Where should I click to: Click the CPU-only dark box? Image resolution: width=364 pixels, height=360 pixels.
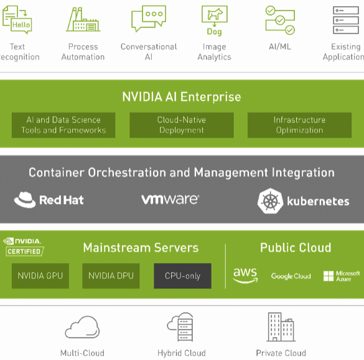point(182,276)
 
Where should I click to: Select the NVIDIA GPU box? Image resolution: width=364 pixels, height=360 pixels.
point(40,276)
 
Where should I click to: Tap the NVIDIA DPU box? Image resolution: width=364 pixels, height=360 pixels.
point(111,276)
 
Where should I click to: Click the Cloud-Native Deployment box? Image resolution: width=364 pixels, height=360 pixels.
point(182,125)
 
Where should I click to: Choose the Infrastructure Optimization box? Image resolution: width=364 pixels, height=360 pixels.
point(299,125)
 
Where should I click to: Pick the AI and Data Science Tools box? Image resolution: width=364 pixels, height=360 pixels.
point(63,125)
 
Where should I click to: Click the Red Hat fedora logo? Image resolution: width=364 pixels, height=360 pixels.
point(25,200)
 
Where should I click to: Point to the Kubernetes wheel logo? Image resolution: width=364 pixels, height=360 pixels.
point(271,201)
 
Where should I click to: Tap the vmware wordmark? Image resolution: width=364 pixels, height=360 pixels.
point(170,200)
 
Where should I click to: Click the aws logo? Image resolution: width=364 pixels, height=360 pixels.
point(245,275)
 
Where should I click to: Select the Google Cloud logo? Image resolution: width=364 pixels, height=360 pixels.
point(291,276)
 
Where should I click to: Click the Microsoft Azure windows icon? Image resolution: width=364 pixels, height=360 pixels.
point(329,276)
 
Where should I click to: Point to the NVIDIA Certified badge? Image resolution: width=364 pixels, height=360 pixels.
point(24,247)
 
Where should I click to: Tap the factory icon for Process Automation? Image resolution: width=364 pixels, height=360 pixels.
point(83,19)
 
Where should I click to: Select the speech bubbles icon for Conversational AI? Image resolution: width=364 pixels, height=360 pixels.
point(149,19)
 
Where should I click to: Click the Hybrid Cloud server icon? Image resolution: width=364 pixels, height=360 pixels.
point(180,327)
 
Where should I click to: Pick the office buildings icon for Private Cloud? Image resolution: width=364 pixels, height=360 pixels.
point(281,327)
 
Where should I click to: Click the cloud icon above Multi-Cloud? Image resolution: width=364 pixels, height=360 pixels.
point(82,327)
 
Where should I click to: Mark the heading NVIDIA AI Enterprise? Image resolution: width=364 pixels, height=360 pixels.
point(182,97)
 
